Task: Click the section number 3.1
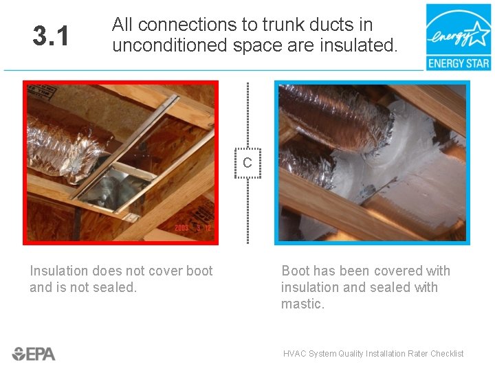click(x=51, y=35)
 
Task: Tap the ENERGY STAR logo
click(x=459, y=37)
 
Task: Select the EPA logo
click(x=34, y=354)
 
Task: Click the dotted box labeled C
click(x=247, y=163)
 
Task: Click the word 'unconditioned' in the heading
click(x=170, y=45)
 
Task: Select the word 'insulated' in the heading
click(x=358, y=45)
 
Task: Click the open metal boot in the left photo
click(x=115, y=188)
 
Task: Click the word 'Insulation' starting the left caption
click(x=59, y=271)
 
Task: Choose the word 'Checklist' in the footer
click(x=447, y=353)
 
